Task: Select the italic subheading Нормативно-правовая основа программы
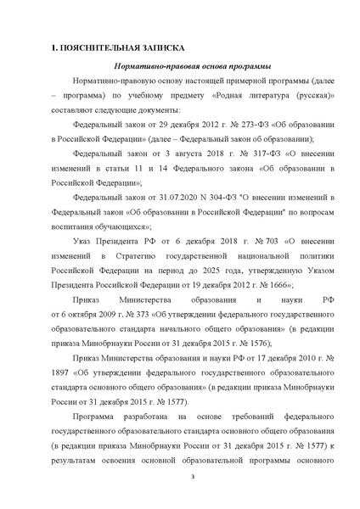click(x=179, y=67)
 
